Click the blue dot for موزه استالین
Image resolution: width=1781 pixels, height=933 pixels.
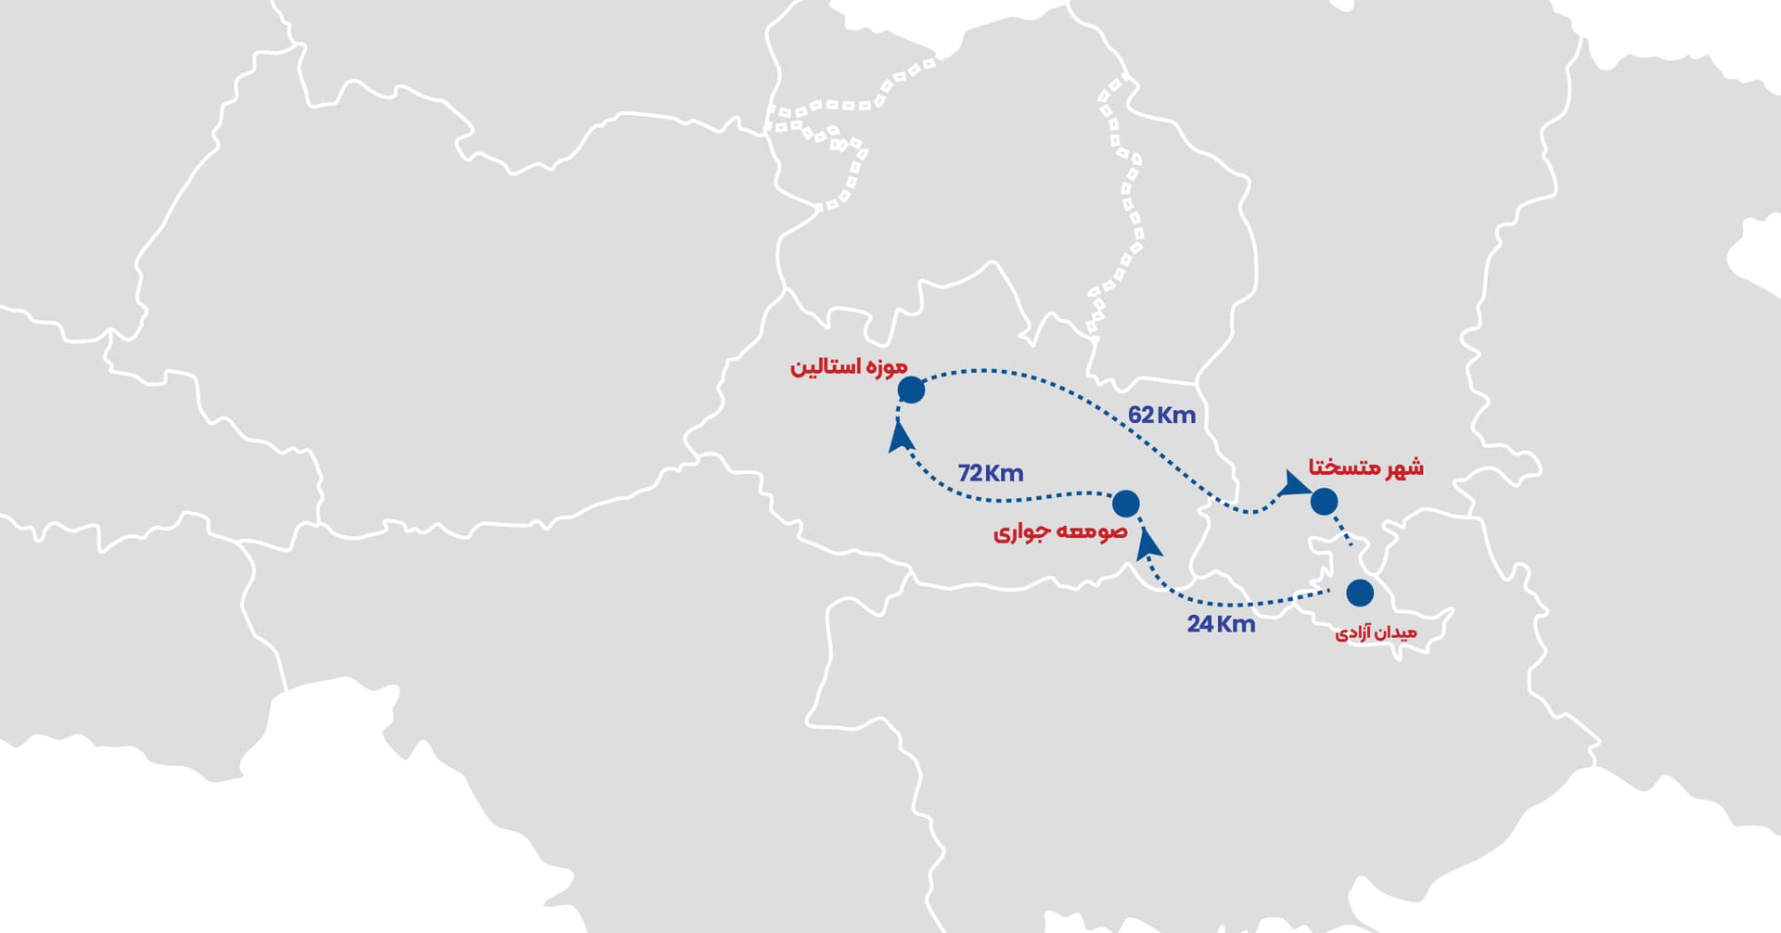[911, 390]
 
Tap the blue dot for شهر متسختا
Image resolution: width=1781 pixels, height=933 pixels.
[1324, 501]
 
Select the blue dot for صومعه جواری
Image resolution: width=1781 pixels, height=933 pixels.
[1125, 504]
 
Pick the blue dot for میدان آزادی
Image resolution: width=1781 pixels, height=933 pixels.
[1360, 593]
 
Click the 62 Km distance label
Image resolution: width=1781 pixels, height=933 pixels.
[1161, 415]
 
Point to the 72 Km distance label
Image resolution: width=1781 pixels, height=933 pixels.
[991, 473]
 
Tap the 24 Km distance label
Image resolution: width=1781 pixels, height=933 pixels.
[1221, 624]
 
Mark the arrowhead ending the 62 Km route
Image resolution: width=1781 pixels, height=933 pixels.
[1291, 484]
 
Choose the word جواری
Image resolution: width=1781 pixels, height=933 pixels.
[1022, 533]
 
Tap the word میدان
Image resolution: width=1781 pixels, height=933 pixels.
[1396, 633]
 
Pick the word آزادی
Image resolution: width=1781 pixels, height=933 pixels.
[1353, 633]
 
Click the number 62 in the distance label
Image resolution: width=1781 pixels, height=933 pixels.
[1141, 415]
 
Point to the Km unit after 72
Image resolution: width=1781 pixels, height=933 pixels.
[1005, 473]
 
